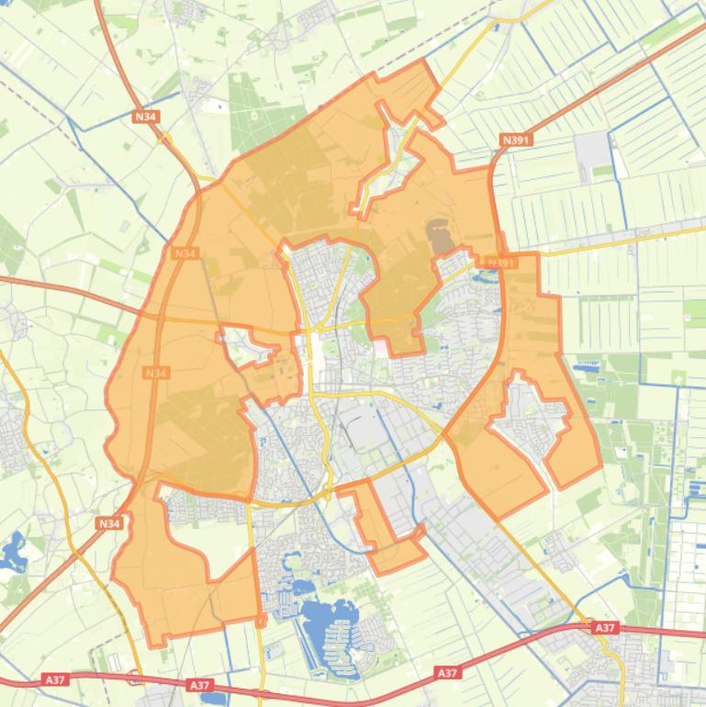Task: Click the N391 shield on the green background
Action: pos(517,140)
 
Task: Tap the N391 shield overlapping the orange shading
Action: pos(501,263)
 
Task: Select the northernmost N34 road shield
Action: pos(145,117)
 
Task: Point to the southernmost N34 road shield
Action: pos(108,523)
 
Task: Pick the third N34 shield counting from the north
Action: pos(156,374)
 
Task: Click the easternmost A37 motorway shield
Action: pos(604,628)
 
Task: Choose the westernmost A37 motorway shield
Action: pos(55,680)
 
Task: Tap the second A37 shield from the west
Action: pos(199,685)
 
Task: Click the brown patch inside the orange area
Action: pos(440,237)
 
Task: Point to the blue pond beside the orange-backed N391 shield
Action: pos(485,268)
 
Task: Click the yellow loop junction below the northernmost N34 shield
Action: pos(166,140)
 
